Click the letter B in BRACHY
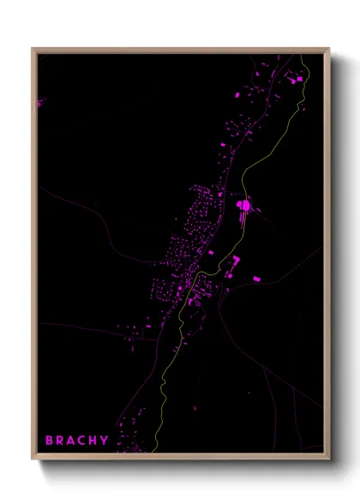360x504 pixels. click(x=50, y=441)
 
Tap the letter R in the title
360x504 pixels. click(x=62, y=441)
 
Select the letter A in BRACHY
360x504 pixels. click(x=74, y=441)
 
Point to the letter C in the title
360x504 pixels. click(x=85, y=441)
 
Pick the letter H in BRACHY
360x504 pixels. click(x=95, y=441)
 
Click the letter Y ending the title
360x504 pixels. click(x=105, y=441)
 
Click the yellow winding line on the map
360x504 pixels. click(x=243, y=180)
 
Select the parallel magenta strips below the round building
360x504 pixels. click(x=243, y=220)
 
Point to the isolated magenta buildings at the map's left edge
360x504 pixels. click(x=39, y=103)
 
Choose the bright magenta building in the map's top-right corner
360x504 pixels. click(x=300, y=79)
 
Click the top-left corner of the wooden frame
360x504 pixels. click(x=33, y=49)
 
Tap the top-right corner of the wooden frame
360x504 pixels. click(x=329, y=49)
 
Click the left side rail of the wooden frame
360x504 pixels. click(x=33, y=257)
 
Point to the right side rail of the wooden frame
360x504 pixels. click(x=328, y=257)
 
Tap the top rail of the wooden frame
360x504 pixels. click(x=180, y=50)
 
